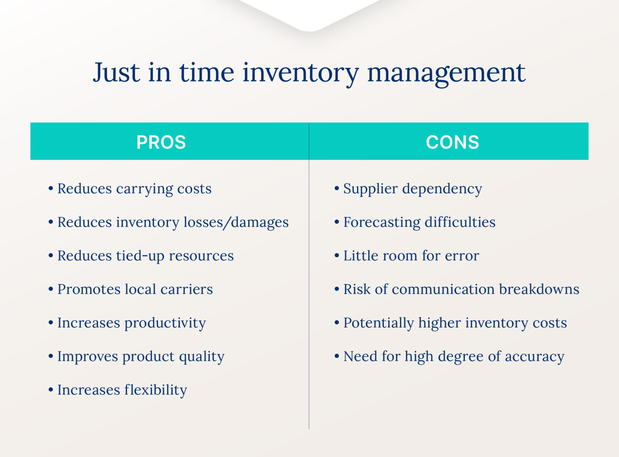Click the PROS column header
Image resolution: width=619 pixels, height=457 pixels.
coord(161,142)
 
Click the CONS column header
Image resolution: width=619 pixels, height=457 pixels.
coord(452,142)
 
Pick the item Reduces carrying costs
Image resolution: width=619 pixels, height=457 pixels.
coord(134,189)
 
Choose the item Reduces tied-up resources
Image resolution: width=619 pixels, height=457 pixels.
coord(145,256)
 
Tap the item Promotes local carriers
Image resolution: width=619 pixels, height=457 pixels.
coord(135,289)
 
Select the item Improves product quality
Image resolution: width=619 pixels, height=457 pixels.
coord(141,357)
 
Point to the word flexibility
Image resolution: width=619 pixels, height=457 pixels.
coord(156,390)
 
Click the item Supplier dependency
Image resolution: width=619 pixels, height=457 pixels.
coord(412,189)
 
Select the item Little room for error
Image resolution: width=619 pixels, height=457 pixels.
coord(411,256)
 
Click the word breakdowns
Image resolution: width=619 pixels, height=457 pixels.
coord(539,289)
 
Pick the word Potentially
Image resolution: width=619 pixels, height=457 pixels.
coord(378,323)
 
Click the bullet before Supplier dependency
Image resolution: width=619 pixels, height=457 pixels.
coord(337,188)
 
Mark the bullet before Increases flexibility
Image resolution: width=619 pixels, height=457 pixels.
coord(51,390)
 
